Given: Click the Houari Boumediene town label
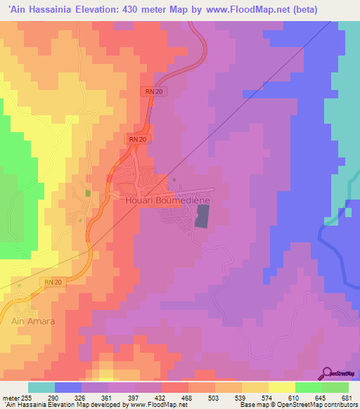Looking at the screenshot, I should pos(169,200).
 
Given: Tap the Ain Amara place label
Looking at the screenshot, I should pos(32,320).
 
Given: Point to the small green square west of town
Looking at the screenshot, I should pos(88,193).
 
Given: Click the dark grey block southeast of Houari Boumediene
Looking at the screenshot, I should pos(202,219).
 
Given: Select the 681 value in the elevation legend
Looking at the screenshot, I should pos(345,397).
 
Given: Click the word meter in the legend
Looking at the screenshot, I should pos(10,397).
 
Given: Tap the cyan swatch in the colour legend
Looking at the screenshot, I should pos(41,387).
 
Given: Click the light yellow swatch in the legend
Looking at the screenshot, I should pos(281,387).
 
